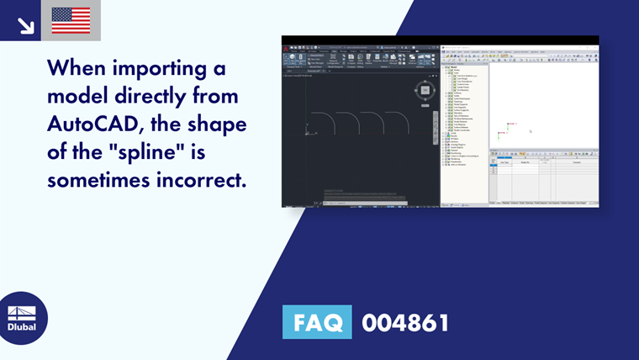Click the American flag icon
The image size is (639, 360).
coord(71,20)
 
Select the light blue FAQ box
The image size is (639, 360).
coord(317,321)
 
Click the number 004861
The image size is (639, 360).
coord(405,321)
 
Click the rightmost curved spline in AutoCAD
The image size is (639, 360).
coord(396,123)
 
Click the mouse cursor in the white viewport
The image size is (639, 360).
coord(530,130)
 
